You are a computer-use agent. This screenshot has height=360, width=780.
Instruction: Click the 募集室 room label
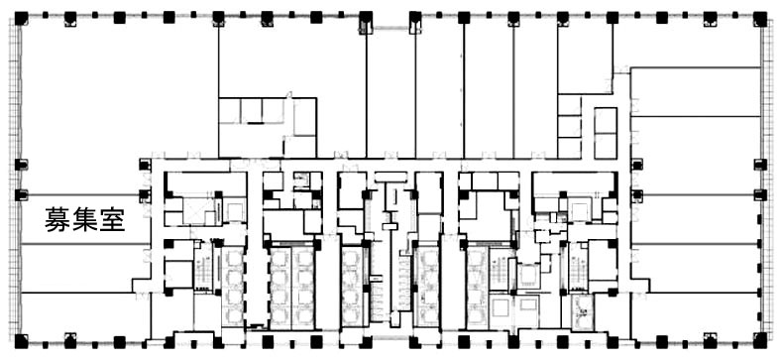coord(84,219)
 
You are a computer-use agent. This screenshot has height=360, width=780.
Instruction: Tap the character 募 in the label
coord(57,219)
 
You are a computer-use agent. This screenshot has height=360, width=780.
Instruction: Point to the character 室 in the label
coord(111,219)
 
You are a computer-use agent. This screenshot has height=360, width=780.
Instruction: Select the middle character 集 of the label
coord(84,219)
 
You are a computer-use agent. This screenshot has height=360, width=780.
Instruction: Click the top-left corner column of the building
coord(21,18)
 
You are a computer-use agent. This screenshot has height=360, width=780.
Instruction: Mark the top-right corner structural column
coord(759,18)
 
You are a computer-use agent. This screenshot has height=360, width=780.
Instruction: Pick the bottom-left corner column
coord(21,341)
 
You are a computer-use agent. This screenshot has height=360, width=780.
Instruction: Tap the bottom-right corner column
coord(759,341)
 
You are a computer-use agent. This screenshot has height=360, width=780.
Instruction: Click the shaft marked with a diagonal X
coord(197,210)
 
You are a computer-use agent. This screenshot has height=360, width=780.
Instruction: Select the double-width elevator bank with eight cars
coord(292,288)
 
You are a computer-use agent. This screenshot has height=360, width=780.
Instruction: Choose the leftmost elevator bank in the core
coord(232,288)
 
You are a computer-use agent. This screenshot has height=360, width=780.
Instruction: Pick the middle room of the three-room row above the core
coord(251,110)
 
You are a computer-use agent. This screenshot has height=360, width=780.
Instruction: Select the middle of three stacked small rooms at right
coord(569,127)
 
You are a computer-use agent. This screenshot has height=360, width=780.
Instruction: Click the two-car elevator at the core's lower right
coord(582,311)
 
